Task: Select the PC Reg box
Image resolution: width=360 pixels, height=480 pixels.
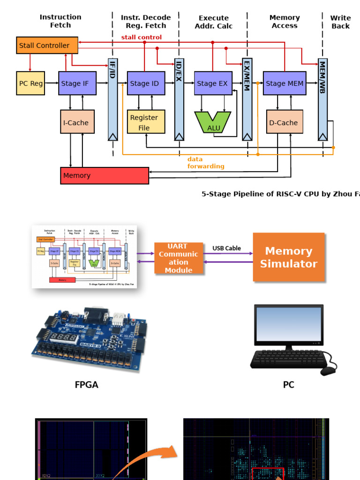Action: pos(30,83)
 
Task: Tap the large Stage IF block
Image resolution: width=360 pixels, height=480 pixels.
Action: pos(77,83)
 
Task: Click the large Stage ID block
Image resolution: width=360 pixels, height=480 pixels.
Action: pos(146,83)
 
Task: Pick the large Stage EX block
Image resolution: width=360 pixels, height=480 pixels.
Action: pos(213,83)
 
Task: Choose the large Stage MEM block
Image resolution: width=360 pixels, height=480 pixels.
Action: pos(285,83)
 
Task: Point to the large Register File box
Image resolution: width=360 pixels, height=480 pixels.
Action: pos(146,122)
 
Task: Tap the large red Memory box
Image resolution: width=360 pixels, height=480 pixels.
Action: pos(105,175)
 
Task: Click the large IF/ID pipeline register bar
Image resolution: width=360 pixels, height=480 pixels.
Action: pos(112,99)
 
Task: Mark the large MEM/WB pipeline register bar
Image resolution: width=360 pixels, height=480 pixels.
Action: pos(322,99)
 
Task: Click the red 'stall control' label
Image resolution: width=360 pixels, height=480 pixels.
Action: pos(142,37)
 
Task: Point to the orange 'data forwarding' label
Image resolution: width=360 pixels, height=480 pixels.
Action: pos(206,163)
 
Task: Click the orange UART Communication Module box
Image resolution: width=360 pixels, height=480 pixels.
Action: pos(179,258)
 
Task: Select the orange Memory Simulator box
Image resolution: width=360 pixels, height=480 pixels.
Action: pos(288,257)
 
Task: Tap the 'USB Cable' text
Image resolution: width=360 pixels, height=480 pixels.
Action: pos(227,248)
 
